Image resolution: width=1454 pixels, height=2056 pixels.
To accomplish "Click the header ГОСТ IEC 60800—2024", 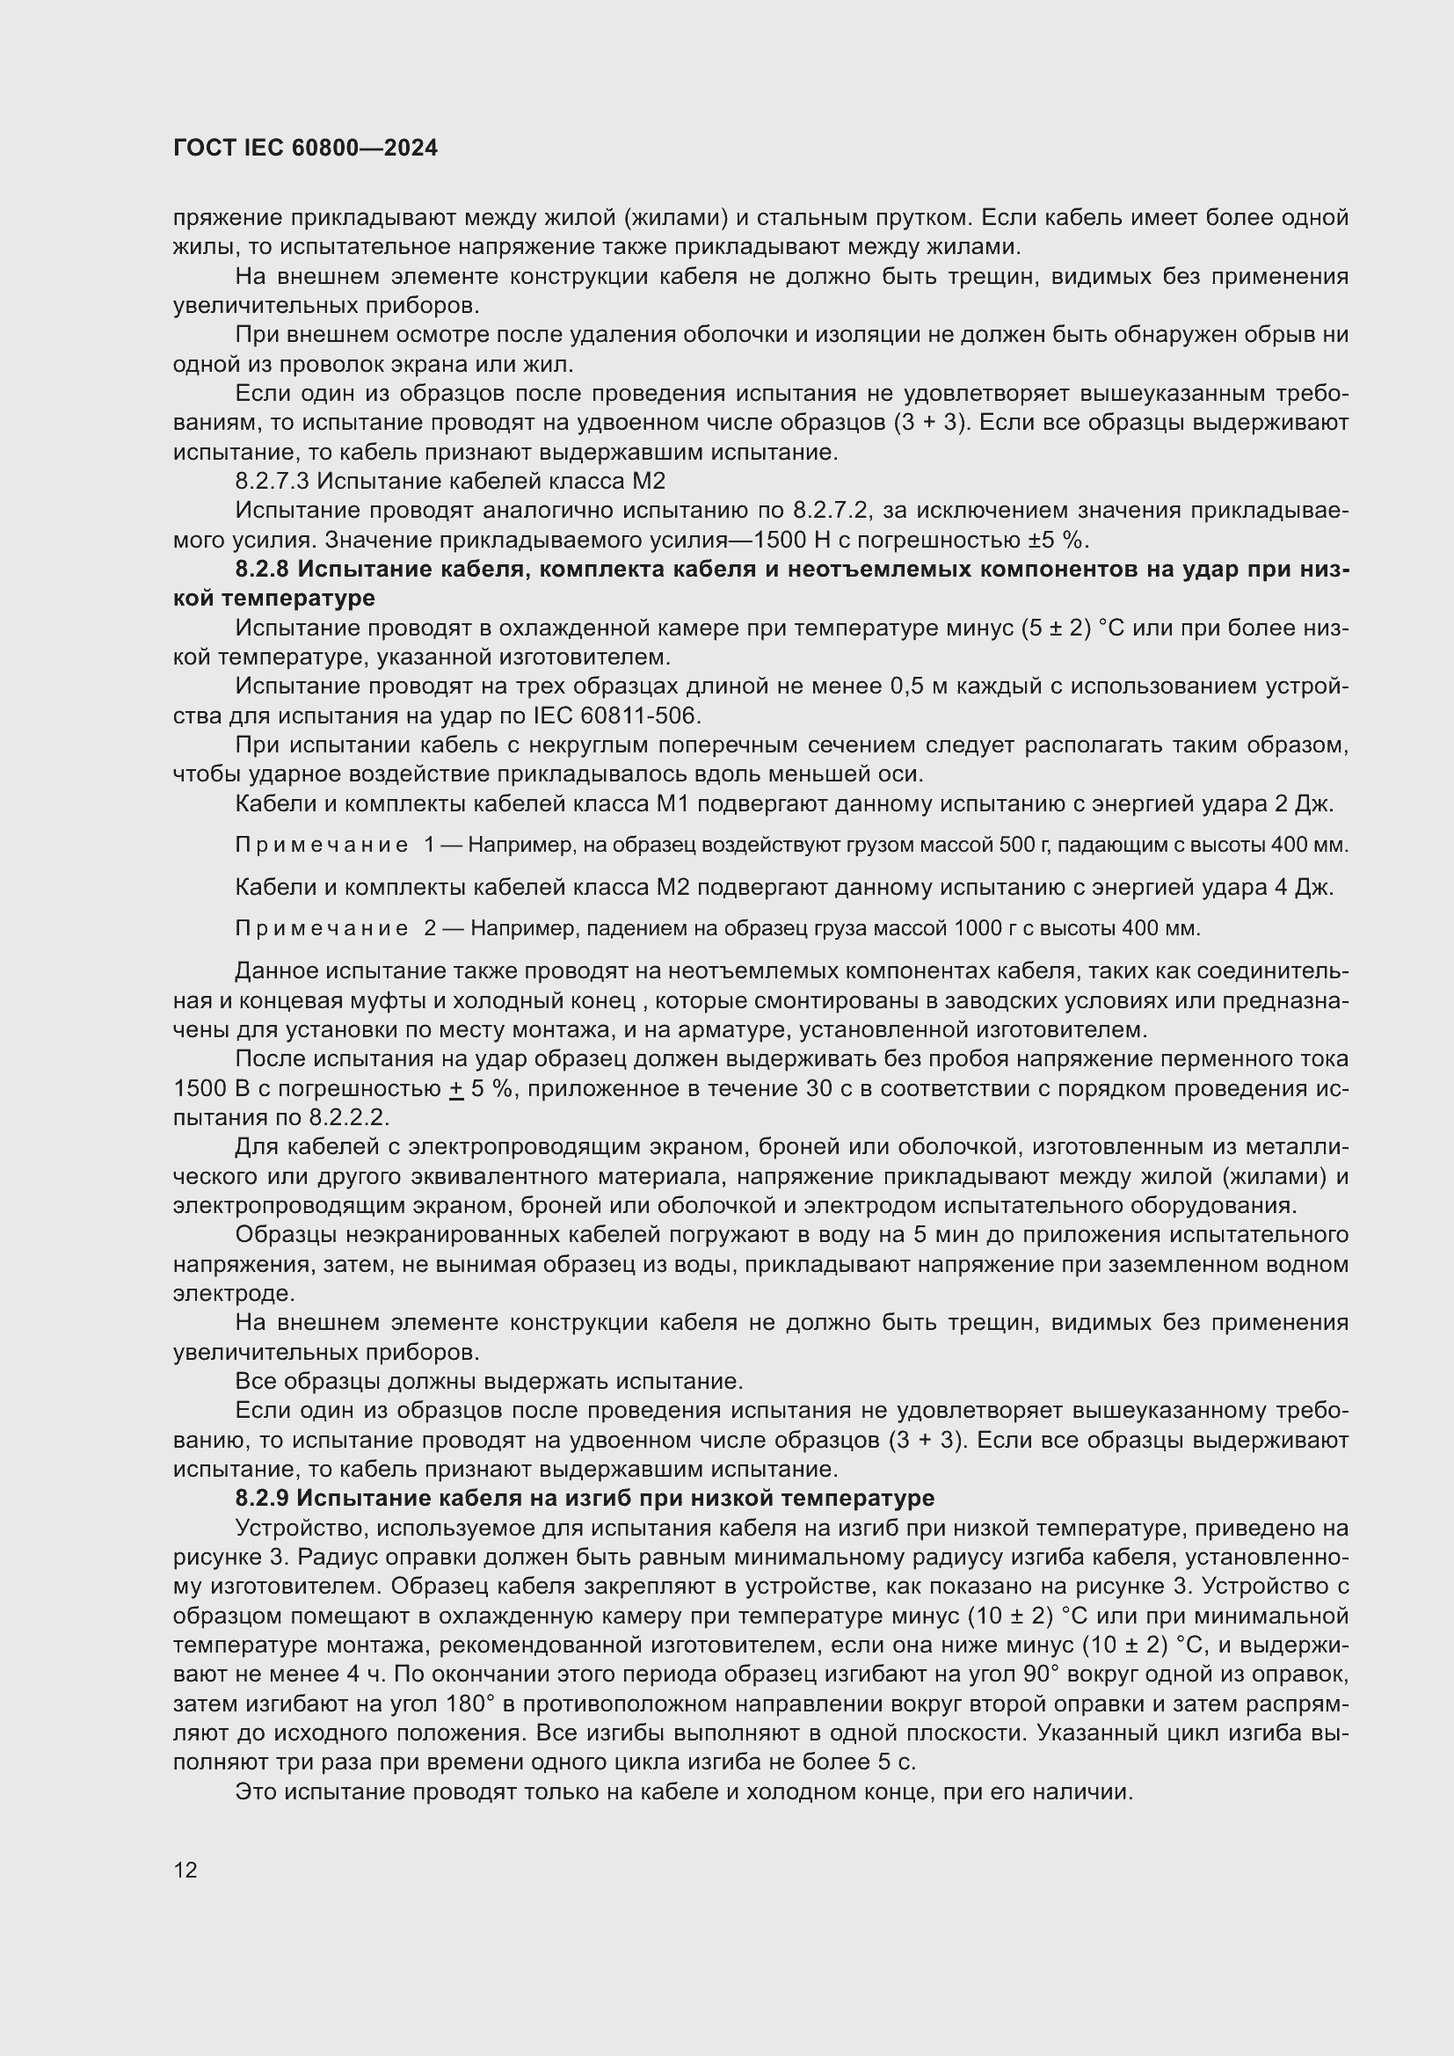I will pos(305,148).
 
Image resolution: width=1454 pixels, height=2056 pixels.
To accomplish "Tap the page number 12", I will pos(185,1870).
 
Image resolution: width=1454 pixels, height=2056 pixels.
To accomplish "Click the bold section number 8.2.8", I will pos(261,570).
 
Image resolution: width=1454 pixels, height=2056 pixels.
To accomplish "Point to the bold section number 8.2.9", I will pos(261,1498).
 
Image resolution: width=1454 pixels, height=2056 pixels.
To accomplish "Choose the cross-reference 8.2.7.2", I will pos(830,512).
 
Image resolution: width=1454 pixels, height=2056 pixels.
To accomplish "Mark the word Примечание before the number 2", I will pos(322,928).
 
